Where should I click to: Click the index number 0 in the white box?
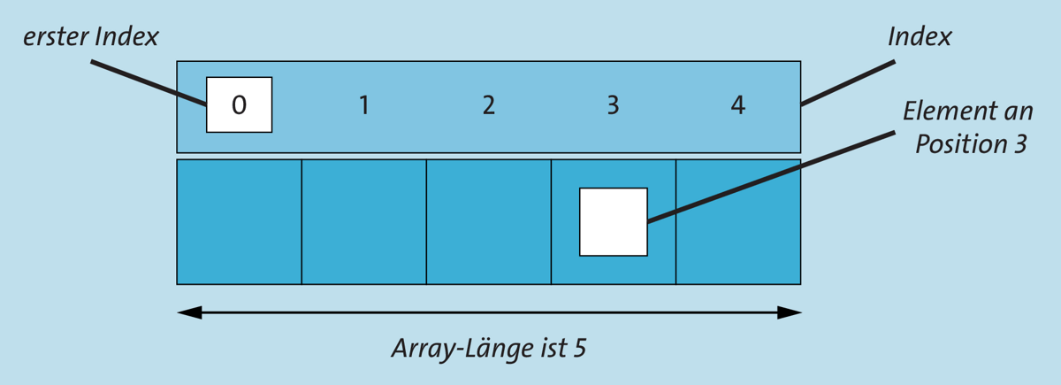click(x=240, y=104)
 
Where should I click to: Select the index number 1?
click(x=363, y=104)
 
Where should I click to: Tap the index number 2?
click(x=489, y=104)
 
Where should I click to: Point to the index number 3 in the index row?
click(x=614, y=104)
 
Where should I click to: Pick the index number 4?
click(x=738, y=104)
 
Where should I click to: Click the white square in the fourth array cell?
click(x=614, y=222)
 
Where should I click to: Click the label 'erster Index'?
click(x=91, y=37)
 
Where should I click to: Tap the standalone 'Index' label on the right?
click(x=920, y=37)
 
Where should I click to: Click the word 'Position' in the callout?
click(x=960, y=143)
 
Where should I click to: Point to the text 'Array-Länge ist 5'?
click(x=489, y=349)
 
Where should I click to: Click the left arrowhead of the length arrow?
click(x=189, y=312)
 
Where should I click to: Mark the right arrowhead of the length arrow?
click(x=789, y=312)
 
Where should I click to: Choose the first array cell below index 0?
click(x=240, y=222)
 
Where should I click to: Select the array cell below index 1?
click(x=363, y=222)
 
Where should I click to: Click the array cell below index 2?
click(x=489, y=222)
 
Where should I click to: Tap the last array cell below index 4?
click(x=738, y=222)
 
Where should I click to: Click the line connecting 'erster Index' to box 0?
click(x=149, y=82)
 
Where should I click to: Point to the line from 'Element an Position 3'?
click(x=771, y=177)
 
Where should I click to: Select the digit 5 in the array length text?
click(x=580, y=349)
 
